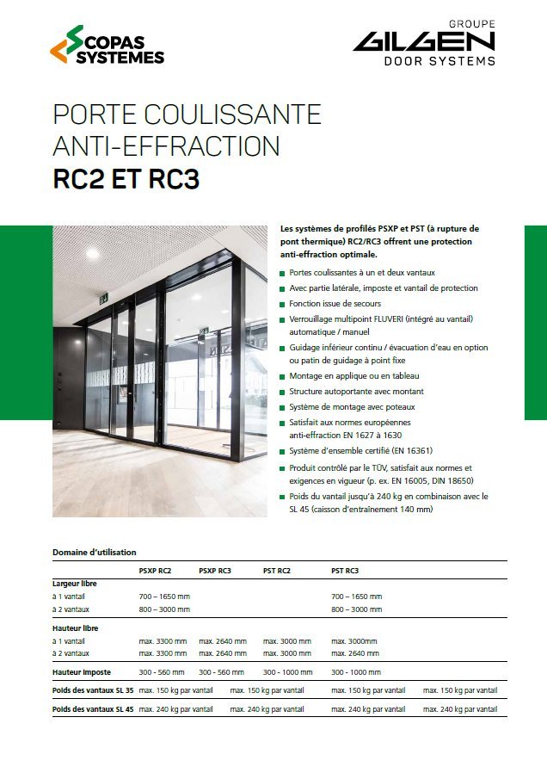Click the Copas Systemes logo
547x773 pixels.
(107, 44)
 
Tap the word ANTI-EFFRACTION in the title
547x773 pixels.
(166, 145)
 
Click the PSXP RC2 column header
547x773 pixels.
(155, 571)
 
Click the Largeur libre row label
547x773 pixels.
(75, 584)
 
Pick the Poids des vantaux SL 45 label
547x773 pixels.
(93, 708)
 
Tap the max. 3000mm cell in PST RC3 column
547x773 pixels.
(354, 641)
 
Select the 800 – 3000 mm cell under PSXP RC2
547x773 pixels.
(164, 609)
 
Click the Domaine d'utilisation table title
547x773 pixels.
(95, 553)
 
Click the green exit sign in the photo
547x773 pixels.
(103, 299)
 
